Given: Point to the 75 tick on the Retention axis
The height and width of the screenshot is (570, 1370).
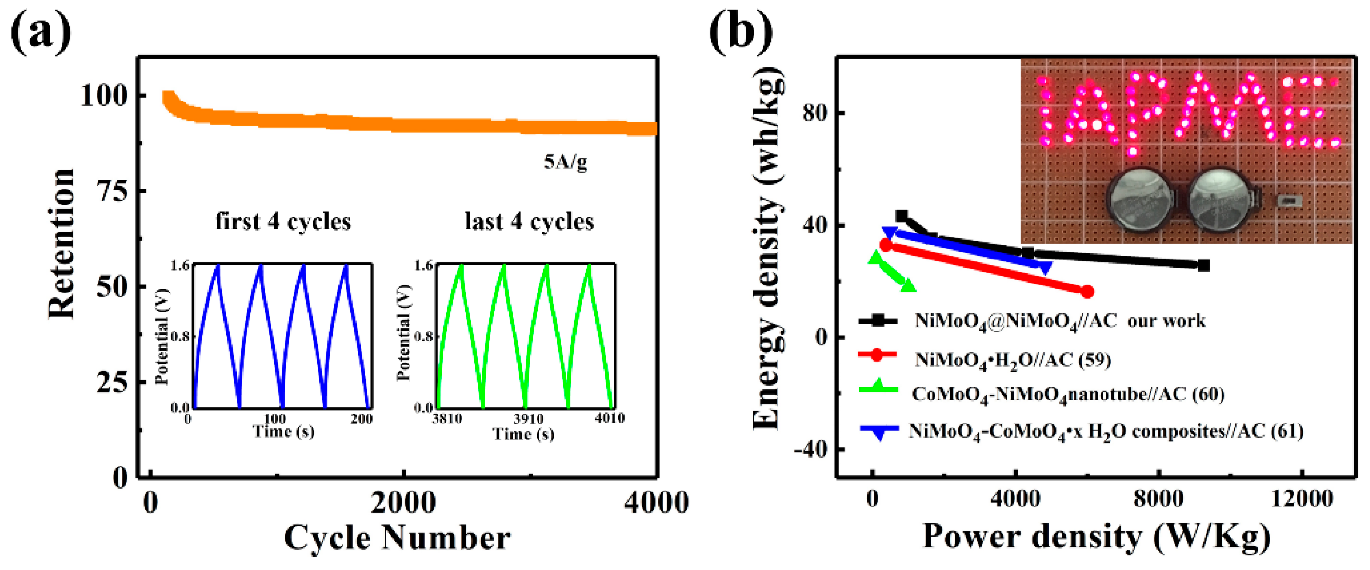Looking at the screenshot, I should pos(112,191).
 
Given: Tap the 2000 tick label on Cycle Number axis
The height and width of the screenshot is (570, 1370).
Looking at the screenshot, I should pos(403,502).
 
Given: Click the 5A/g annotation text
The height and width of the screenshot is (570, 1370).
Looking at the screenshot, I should pos(565,162).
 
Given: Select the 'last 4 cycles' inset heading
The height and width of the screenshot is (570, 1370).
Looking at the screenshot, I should pos(529,221).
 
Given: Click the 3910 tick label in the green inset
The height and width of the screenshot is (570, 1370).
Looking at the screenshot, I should pos(528,418).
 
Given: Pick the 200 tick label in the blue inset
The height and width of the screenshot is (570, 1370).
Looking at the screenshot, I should pos(362,418).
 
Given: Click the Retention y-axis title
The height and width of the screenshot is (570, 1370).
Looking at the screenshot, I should pos(60,243).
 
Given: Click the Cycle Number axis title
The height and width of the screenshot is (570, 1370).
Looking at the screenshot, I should pos(397,538).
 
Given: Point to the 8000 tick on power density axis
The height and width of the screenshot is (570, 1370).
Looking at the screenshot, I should pos(1158,499).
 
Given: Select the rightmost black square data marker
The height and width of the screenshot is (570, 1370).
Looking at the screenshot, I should pos(1203,265).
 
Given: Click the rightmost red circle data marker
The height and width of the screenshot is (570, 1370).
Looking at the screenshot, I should pos(1088,292).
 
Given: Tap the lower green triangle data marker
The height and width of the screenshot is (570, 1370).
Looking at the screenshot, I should pos(909,286).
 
